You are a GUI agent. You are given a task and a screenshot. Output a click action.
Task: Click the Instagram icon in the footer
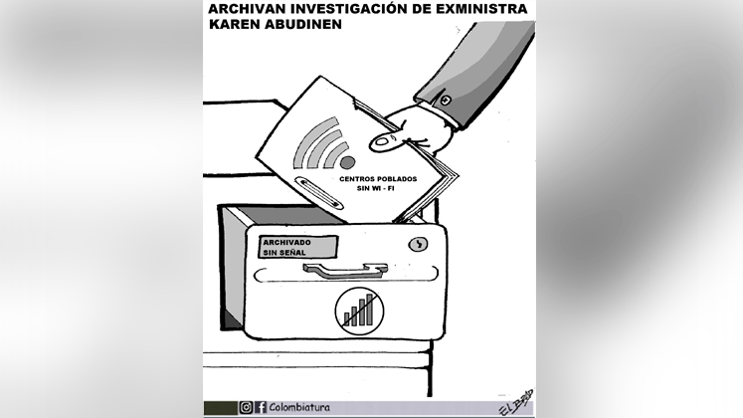tap(246, 407)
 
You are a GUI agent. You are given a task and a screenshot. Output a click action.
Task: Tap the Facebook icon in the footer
tap(261, 407)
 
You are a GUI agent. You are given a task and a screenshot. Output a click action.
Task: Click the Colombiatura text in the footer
tap(299, 407)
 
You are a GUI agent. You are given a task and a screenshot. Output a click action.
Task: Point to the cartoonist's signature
tap(516, 403)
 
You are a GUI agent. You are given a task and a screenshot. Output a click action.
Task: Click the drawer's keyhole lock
tap(418, 244)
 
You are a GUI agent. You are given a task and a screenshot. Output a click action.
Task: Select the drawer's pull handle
tap(345, 270)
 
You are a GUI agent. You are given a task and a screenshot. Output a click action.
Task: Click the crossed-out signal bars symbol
tap(359, 312)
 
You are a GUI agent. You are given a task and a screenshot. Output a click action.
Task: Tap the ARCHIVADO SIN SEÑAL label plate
tap(297, 247)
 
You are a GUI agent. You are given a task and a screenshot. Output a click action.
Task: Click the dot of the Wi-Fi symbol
tap(347, 162)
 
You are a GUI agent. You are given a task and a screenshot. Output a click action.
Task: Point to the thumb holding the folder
tap(388, 141)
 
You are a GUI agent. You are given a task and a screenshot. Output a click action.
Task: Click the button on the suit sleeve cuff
tap(446, 100)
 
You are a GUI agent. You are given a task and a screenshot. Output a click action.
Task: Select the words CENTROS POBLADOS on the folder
tap(378, 179)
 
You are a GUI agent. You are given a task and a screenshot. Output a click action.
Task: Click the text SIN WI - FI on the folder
tap(376, 188)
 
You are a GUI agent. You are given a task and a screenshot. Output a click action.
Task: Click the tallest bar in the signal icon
tap(370, 309)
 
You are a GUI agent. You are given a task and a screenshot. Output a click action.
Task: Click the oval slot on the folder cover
tap(318, 192)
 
